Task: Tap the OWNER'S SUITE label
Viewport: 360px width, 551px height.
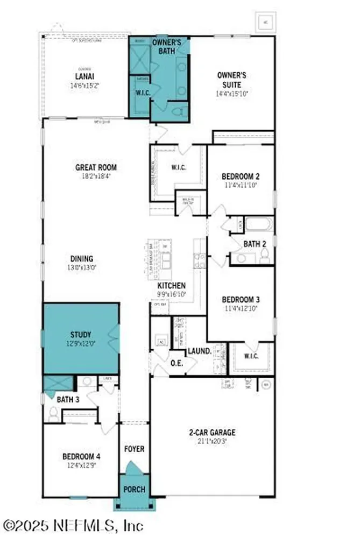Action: [x=232, y=80]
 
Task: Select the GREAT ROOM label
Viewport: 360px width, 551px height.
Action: [x=96, y=167]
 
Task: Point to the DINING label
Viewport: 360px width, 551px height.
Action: [x=81, y=258]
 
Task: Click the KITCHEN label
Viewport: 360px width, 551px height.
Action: [x=172, y=286]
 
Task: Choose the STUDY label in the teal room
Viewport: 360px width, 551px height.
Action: [x=80, y=334]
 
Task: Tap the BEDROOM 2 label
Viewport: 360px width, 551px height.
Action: [x=241, y=176]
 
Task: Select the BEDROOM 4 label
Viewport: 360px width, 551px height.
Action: [x=81, y=456]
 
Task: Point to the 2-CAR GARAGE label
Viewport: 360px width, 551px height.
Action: [x=213, y=432]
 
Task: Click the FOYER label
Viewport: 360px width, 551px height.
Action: [x=134, y=448]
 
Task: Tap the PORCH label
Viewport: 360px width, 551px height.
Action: [x=134, y=490]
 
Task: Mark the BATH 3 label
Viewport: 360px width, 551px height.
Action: [x=67, y=399]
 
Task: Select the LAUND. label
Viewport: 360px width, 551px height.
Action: [x=199, y=351]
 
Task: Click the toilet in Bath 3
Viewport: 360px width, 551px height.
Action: [x=53, y=414]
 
